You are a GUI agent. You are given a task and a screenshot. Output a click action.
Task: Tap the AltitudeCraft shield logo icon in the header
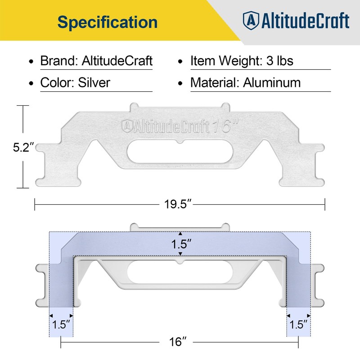(251, 20)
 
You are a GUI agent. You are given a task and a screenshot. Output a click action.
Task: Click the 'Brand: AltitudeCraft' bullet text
(96, 61)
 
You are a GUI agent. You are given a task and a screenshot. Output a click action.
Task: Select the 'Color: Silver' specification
(75, 83)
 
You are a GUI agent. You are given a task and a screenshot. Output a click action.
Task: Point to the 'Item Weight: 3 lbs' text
(242, 61)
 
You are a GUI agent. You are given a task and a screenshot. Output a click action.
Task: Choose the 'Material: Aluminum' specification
(245, 83)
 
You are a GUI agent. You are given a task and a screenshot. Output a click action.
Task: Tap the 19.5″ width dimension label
(179, 205)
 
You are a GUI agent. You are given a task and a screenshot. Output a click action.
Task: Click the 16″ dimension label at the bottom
(179, 342)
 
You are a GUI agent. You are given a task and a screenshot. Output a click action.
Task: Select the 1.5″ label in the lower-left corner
(61, 324)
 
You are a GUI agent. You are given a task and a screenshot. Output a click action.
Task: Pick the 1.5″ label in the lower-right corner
(298, 324)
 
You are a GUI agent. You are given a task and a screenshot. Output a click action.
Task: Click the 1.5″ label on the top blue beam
(180, 244)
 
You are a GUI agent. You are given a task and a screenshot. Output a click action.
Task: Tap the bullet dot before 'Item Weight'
(180, 61)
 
